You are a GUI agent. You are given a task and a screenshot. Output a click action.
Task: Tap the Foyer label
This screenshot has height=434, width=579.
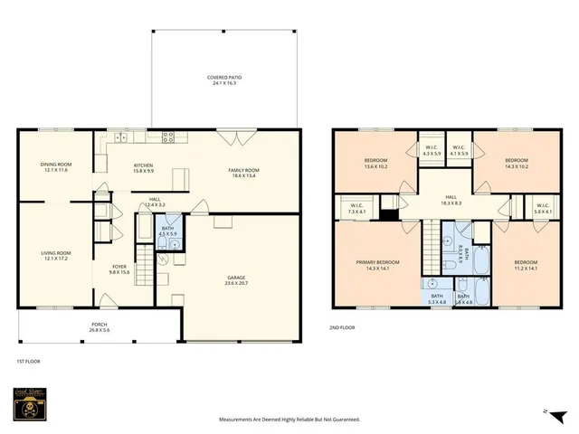click(119, 269)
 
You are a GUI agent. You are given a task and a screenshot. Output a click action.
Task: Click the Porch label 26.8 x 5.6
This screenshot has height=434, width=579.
click(99, 326)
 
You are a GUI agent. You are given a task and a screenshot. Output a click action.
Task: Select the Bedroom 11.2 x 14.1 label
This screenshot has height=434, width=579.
click(514, 265)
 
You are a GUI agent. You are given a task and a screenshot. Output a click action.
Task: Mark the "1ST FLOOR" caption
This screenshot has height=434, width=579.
click(28, 361)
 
